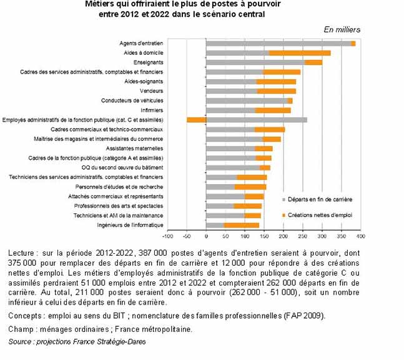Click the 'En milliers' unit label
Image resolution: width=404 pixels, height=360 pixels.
(342, 29)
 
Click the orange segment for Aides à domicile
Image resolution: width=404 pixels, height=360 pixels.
(299, 53)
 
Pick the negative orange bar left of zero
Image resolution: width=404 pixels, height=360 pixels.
(196, 119)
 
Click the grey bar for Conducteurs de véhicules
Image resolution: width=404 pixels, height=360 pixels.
(246, 100)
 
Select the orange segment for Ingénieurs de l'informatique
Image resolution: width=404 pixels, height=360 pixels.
(242, 225)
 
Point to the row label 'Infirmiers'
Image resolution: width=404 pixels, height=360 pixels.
(149, 110)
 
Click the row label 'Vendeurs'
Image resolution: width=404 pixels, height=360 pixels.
(151, 91)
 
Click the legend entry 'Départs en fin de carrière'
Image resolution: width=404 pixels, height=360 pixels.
(320, 199)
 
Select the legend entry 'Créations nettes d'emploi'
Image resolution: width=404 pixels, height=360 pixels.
(320, 215)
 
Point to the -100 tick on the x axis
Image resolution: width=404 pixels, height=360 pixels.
(167, 236)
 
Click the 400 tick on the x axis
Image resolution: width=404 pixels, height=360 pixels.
(360, 236)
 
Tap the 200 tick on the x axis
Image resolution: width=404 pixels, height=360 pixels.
(283, 236)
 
